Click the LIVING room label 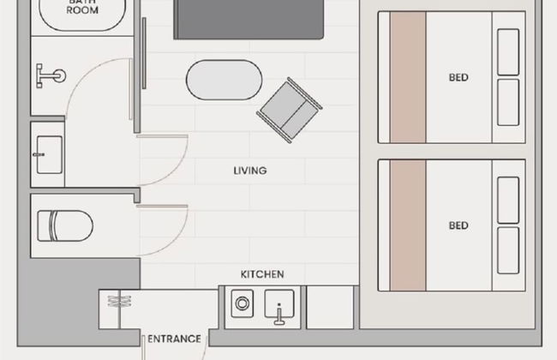click(x=250, y=171)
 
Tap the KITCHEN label click(x=262, y=274)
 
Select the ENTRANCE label click(x=174, y=339)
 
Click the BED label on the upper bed click(x=458, y=77)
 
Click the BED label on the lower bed click(x=458, y=225)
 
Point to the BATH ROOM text click(x=82, y=6)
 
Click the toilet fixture click(x=65, y=226)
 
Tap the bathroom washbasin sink click(x=50, y=154)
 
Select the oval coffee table click(x=225, y=80)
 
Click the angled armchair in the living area click(x=289, y=111)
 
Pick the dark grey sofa click(x=249, y=20)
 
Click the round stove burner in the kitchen click(x=243, y=303)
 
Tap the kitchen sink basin click(x=279, y=305)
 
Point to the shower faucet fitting click(x=50, y=75)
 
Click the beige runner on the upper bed click(x=408, y=77)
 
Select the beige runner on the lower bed click(x=408, y=225)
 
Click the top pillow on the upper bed click(x=508, y=52)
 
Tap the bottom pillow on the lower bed click(x=508, y=250)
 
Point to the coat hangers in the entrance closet click(x=119, y=302)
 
